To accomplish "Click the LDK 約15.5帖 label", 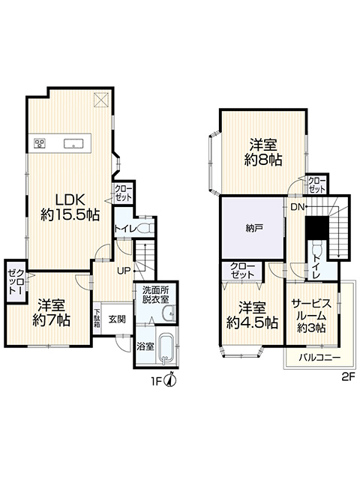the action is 70,207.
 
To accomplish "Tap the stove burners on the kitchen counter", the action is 39,143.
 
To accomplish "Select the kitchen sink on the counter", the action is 73,143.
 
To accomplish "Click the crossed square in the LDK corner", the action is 101,100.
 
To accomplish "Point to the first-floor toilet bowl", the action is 146,229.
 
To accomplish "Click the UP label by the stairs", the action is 124,271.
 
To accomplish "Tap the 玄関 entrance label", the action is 117,319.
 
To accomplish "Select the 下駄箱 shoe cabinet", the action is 97,319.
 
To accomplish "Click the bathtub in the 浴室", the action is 166,349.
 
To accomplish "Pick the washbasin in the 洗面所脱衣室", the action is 169,313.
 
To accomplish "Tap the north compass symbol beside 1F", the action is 171,379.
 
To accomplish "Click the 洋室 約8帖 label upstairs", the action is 263,152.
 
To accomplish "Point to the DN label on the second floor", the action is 297,207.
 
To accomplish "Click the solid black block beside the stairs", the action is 317,228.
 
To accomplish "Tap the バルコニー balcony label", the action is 319,358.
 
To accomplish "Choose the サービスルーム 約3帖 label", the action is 311,316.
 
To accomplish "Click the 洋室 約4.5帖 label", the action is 252,315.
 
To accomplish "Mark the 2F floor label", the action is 348,376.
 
